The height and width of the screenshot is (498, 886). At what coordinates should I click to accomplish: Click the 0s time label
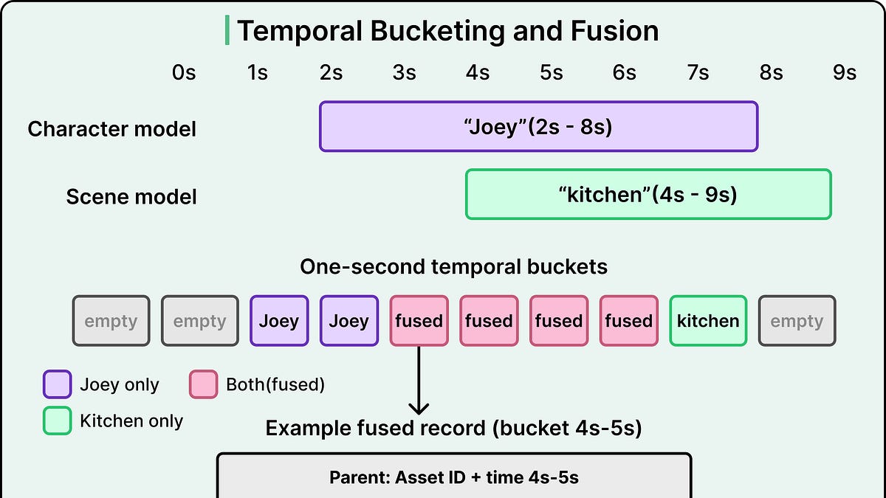coord(184,73)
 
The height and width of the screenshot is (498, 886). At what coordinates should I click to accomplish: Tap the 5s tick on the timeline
coord(552,73)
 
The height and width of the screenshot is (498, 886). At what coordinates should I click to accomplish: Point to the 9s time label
coord(845,73)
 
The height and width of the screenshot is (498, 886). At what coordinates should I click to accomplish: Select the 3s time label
coord(405,73)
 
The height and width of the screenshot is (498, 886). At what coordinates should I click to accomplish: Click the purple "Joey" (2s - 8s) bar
coord(538,126)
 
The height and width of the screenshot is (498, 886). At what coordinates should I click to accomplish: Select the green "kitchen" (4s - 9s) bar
coord(648,194)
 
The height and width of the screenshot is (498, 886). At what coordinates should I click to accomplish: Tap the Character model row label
coord(112,129)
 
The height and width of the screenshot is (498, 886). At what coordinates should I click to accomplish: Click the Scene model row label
coord(131,197)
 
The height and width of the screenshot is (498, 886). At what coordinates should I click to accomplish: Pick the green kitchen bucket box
coord(708,321)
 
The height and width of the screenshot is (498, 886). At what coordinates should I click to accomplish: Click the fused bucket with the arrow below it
coord(419,321)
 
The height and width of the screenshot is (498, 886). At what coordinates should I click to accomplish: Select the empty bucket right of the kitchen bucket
coord(797,321)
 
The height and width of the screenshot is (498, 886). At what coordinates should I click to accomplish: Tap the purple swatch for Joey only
coord(58,384)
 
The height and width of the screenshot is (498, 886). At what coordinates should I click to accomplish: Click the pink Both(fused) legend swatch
coord(203,384)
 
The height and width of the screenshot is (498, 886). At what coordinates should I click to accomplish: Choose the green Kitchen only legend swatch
coord(58,421)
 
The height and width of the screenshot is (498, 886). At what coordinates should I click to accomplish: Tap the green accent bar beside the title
coord(227,30)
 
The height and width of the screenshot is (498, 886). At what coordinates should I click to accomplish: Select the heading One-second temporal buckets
coord(453,267)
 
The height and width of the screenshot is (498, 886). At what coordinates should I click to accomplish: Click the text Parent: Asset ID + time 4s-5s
coord(453,477)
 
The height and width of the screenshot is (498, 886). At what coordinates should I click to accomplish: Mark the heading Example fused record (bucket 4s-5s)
coord(453,429)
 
